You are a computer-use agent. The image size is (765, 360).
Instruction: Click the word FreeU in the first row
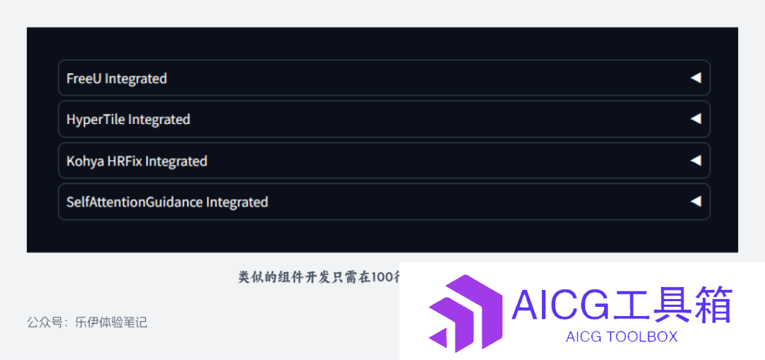tap(84, 78)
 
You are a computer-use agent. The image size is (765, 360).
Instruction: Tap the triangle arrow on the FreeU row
tap(696, 77)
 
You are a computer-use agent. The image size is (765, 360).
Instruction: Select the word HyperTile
tap(96, 120)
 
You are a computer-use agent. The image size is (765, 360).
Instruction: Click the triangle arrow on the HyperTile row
tap(696, 118)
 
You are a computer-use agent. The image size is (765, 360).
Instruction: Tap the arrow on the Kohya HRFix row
tap(696, 160)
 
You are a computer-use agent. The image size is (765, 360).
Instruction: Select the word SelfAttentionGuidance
tap(135, 201)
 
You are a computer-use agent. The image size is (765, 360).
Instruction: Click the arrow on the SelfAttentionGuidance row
tap(696, 201)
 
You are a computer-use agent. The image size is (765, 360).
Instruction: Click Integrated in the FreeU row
tap(136, 79)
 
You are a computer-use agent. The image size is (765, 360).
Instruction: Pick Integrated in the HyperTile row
tap(159, 120)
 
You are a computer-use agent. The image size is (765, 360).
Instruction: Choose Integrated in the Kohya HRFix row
tap(176, 161)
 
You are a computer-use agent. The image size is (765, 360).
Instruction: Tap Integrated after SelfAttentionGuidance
tap(237, 202)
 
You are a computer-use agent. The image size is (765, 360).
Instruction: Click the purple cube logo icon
tap(465, 313)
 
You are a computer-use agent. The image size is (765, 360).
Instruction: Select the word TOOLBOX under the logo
tap(641, 337)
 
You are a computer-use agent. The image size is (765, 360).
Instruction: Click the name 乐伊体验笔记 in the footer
tap(111, 322)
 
